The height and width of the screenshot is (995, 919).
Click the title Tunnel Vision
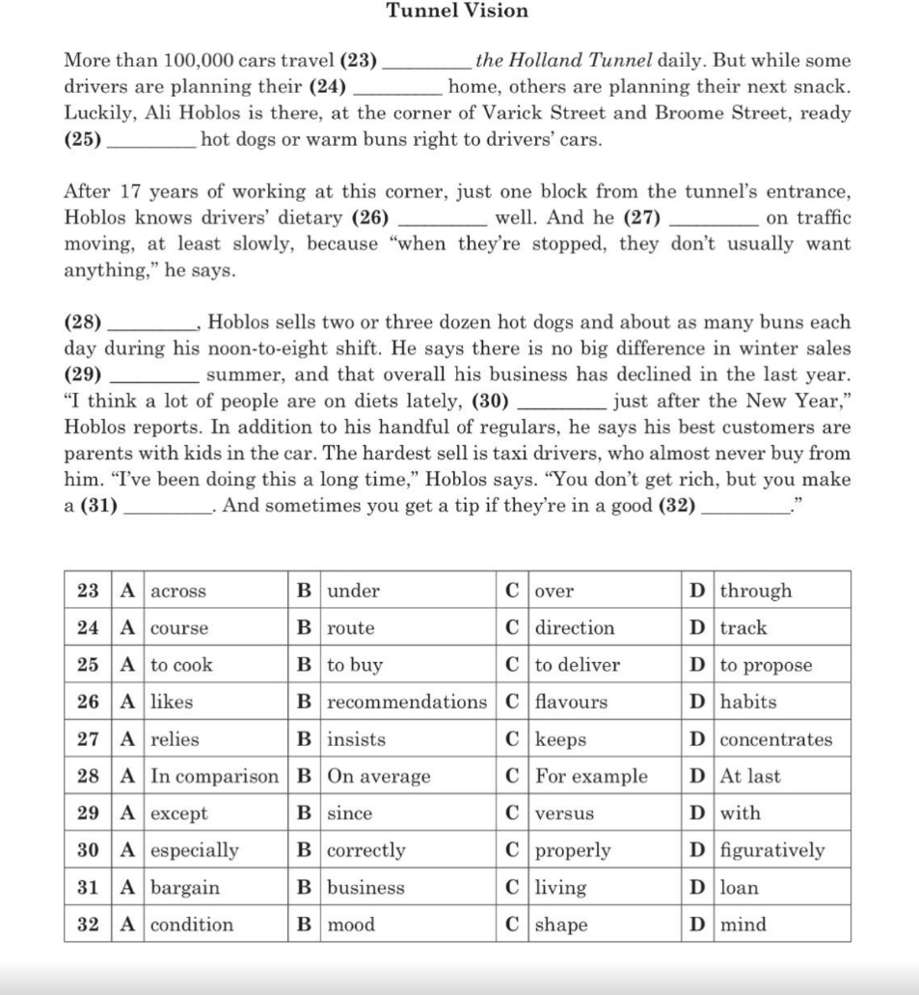(x=457, y=12)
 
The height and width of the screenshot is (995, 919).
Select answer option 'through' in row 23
(x=755, y=591)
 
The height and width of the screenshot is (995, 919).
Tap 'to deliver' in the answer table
(x=577, y=665)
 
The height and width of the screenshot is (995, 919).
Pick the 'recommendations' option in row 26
(x=407, y=703)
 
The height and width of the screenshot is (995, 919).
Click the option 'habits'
(x=747, y=703)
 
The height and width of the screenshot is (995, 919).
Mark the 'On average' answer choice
(x=379, y=777)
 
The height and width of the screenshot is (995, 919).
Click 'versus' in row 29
(x=564, y=814)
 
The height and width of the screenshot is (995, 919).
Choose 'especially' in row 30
(x=195, y=850)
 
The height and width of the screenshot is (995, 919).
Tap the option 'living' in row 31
(x=560, y=888)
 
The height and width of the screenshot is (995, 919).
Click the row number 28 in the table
(x=88, y=777)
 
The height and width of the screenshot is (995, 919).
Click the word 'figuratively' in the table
(x=772, y=850)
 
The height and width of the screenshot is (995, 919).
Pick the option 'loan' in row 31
(x=739, y=888)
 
